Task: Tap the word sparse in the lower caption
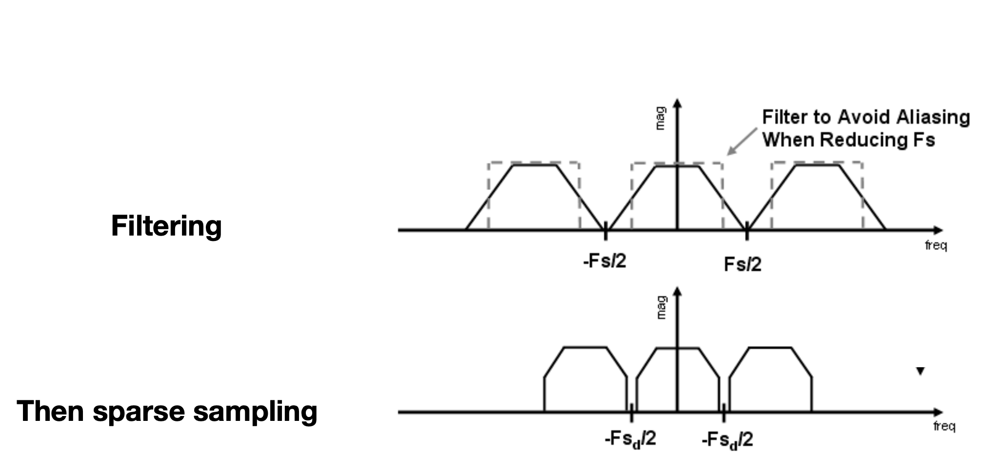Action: click(139, 412)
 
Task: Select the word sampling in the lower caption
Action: click(255, 412)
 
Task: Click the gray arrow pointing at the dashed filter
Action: click(741, 142)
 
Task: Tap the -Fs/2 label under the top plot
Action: click(605, 261)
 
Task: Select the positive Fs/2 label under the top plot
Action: click(743, 264)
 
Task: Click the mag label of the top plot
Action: click(660, 119)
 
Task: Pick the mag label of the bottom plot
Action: click(661, 308)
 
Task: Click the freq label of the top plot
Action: click(936, 245)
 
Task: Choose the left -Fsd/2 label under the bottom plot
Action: click(630, 439)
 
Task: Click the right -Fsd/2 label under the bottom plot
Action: click(727, 440)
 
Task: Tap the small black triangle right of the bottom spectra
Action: click(920, 371)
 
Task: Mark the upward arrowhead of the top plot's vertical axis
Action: click(677, 103)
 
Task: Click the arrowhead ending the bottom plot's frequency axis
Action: click(938, 412)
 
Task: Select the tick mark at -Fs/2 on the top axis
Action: click(605, 230)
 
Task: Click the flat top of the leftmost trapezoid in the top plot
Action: click(535, 165)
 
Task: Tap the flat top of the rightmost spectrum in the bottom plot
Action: click(770, 348)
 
